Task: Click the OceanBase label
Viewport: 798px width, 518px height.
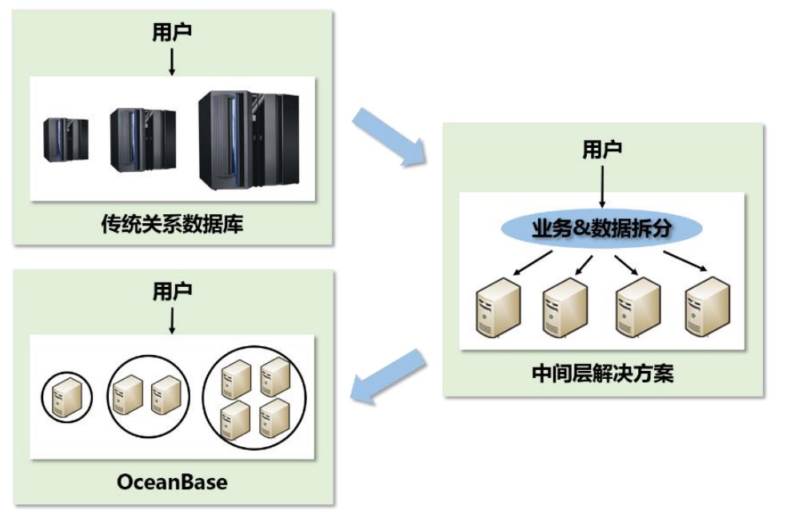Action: coord(172,482)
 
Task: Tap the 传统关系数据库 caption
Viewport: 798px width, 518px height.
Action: coord(173,225)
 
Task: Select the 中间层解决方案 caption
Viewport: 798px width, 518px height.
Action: coord(603,373)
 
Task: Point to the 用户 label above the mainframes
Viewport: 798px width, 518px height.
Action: coord(172,33)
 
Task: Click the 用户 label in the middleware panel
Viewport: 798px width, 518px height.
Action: coord(603,149)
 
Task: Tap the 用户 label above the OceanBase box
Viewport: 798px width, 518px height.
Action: coord(172,292)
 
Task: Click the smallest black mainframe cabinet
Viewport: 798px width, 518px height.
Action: coord(65,139)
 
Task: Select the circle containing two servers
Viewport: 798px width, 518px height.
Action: coord(149,391)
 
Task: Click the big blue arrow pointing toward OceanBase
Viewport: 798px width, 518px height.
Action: coord(391,374)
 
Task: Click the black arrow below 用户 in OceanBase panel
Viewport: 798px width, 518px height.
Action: coord(172,320)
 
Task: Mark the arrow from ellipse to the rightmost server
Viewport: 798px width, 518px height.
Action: coord(686,261)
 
